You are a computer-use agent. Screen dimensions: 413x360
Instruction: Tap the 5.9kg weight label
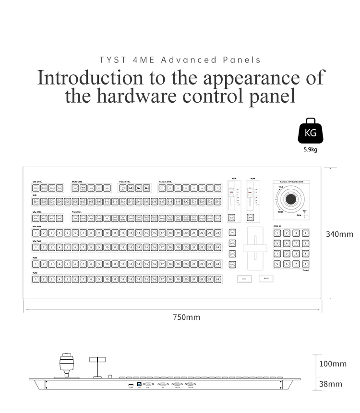[x=311, y=149]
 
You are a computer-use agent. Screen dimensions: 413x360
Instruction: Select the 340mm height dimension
[x=339, y=234]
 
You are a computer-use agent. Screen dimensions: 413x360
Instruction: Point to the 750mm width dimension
[x=187, y=317]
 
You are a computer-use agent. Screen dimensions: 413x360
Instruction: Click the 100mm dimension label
[x=333, y=364]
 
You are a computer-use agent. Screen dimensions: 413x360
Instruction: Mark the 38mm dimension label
[x=331, y=384]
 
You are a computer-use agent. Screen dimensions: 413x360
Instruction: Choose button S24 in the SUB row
[x=218, y=202]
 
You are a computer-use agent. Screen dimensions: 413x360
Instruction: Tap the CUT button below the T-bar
[x=244, y=279]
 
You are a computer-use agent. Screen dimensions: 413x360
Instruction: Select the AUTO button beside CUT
[x=266, y=279]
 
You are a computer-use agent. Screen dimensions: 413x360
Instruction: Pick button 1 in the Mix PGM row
[x=36, y=233]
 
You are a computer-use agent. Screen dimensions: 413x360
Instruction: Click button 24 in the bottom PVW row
[x=218, y=279]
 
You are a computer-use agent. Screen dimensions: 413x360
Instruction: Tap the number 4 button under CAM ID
[x=305, y=233]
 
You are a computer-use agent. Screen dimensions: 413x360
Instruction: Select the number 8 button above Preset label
[x=305, y=264]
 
